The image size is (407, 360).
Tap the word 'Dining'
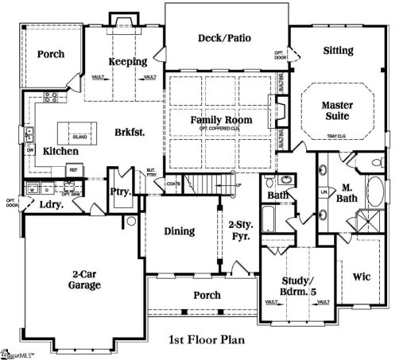178,231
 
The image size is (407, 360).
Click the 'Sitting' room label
338,51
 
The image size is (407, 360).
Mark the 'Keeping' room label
127,62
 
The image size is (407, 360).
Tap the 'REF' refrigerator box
72,169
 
